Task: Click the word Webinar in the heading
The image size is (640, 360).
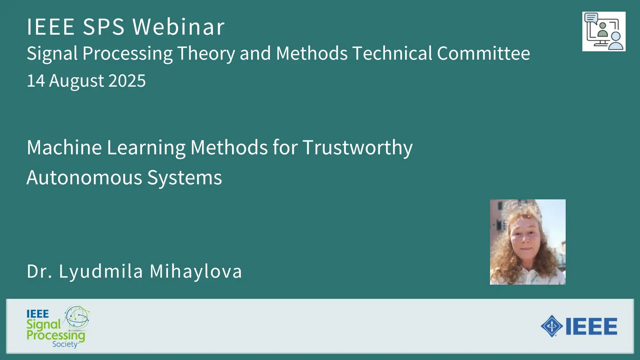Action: pos(179,27)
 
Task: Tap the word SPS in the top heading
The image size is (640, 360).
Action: pos(104,27)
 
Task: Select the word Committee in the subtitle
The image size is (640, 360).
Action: pos(483,53)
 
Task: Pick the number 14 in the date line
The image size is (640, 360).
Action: pos(36,81)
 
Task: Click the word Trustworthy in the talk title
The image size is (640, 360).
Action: pos(358,148)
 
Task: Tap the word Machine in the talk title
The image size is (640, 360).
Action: pos(64,147)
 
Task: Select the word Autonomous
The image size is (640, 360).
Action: pos(84,177)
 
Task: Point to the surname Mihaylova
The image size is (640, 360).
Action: pos(196,271)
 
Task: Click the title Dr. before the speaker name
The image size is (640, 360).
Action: pos(40,271)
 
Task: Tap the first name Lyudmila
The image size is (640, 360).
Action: pos(101,271)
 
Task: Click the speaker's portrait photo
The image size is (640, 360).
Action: pos(528,242)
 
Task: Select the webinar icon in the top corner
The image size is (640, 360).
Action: pos(604,32)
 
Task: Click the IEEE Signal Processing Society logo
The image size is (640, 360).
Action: pos(58,327)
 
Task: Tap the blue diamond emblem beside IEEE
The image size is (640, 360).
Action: pos(552,326)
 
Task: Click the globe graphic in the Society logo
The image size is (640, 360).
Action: pos(77,317)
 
